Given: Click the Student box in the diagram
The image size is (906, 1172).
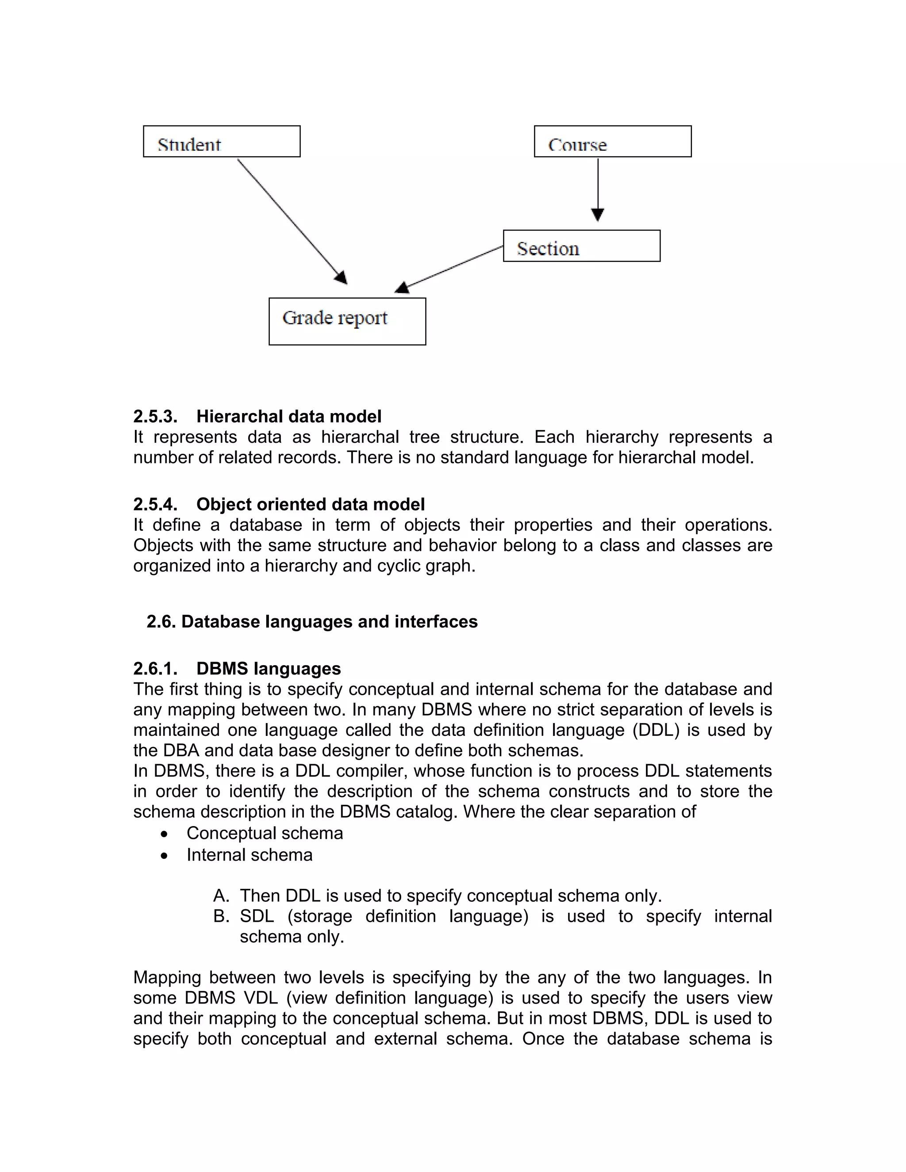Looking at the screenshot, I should point(221,142).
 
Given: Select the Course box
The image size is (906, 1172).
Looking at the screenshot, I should point(612,142).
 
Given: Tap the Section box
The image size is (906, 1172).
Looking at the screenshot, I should point(581,246).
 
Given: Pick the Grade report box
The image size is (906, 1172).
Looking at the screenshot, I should point(347,322).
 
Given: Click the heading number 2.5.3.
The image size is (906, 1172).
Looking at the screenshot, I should point(155,417).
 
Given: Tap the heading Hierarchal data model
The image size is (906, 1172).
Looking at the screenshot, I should point(289,417).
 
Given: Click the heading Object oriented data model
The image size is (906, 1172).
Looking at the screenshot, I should point(310,505).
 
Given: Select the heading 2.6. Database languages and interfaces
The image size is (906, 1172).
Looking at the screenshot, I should point(312,621).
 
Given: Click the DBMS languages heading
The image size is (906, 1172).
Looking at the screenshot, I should point(269,669).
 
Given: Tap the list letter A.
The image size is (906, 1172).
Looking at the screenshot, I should point(221,896).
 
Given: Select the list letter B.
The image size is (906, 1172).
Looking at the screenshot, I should point(221,916).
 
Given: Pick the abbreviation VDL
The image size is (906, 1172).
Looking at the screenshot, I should point(261,998).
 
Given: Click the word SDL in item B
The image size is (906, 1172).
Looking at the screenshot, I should point(257,916).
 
